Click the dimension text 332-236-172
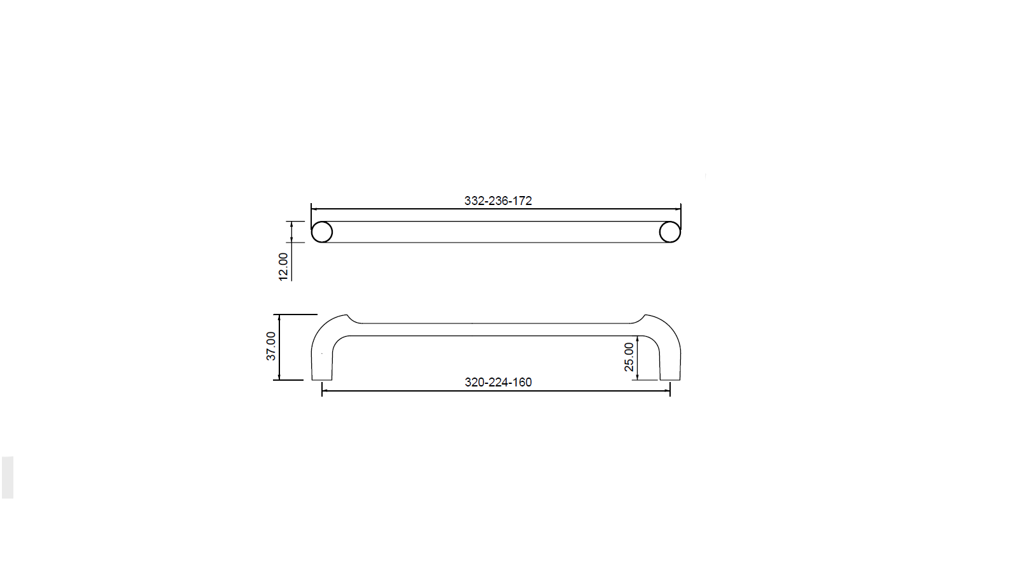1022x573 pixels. coord(498,201)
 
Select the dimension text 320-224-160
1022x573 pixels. coord(498,382)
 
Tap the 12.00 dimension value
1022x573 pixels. coord(283,267)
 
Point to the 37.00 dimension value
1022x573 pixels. coord(271,346)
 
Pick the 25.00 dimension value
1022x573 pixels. coord(629,357)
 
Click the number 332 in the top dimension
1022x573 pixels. coord(473,201)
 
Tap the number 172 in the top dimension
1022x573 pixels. coord(522,201)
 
